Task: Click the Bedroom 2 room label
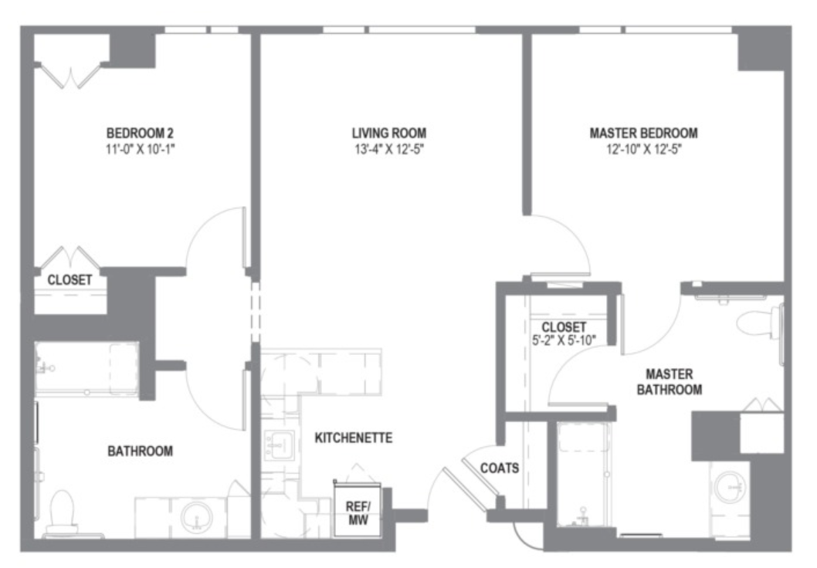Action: click(140, 133)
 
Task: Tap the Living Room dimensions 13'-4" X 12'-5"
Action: click(389, 150)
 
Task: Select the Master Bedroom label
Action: click(643, 133)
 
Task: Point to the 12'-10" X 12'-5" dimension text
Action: click(644, 150)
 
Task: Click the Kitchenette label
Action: click(353, 438)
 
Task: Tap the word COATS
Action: click(499, 468)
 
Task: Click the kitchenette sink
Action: click(279, 445)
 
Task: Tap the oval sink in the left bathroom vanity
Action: click(197, 517)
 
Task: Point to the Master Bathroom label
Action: click(669, 381)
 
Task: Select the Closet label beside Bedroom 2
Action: click(69, 280)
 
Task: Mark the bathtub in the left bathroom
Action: click(86, 369)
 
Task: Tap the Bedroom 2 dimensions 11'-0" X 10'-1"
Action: click(140, 150)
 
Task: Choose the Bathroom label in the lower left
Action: click(141, 451)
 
